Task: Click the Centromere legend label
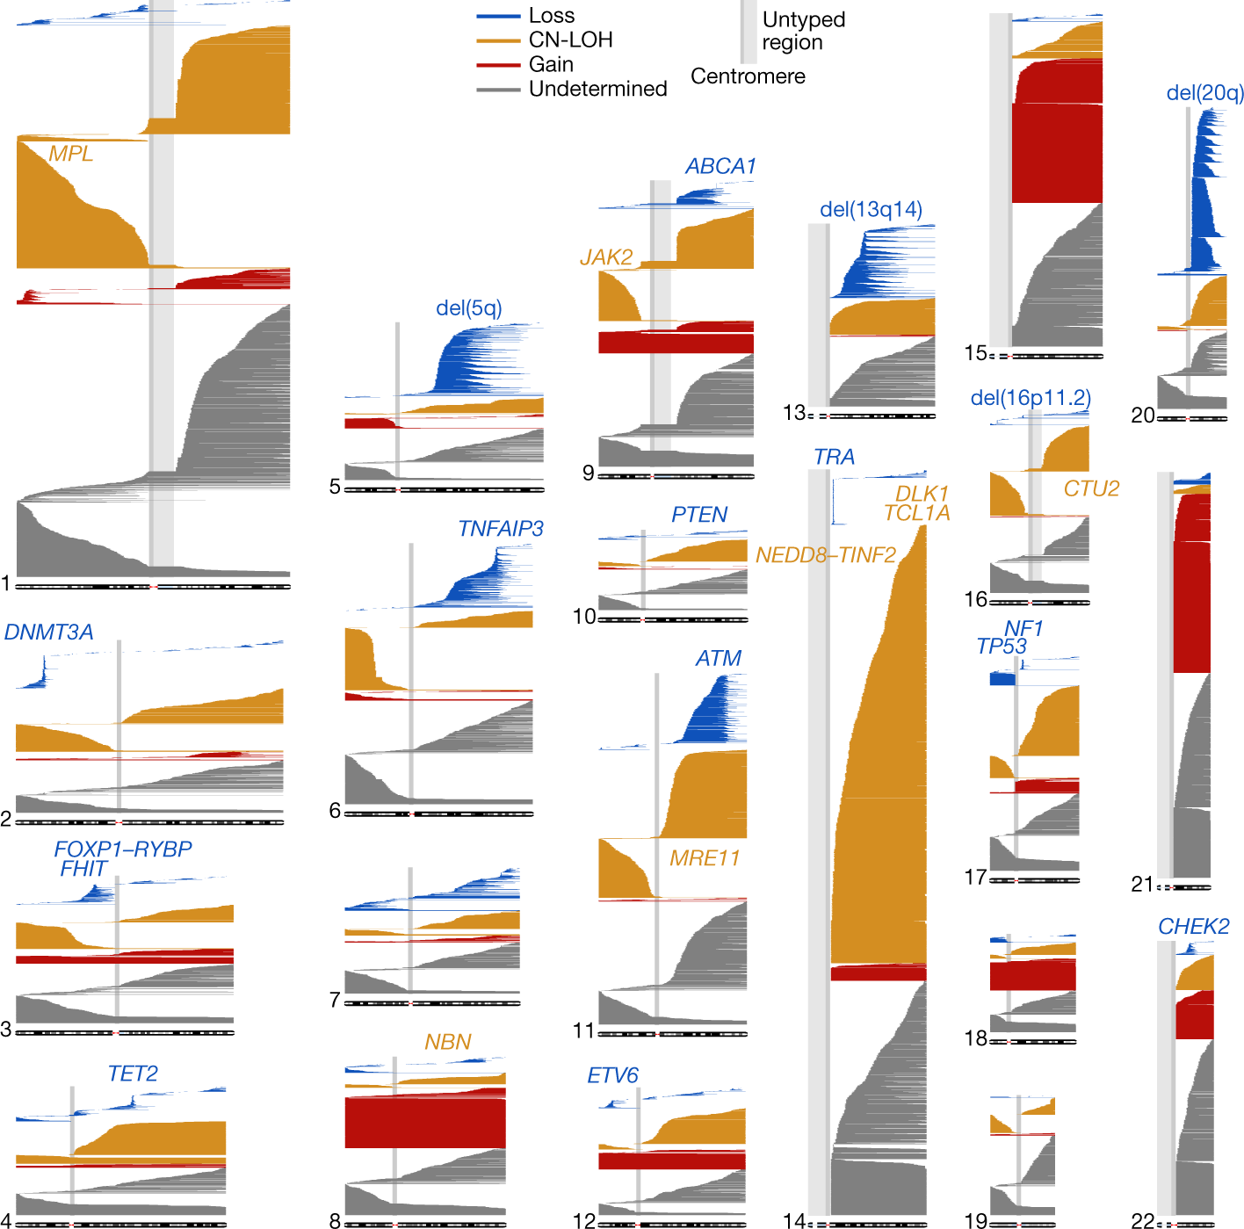point(748,76)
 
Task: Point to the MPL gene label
point(70,154)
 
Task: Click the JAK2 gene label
point(606,257)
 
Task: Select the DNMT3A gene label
point(48,633)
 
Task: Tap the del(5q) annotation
point(469,308)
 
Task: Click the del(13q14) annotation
point(871,210)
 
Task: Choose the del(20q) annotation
point(1204,93)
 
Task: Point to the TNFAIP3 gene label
point(500,529)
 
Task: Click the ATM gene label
point(718,659)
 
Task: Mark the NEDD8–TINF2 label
point(825,555)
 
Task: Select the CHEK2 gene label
point(1193,927)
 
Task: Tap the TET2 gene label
point(133,1074)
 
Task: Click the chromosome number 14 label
point(793,1220)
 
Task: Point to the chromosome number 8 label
point(335,1220)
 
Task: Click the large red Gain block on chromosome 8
point(424,1122)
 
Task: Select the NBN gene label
point(447,1043)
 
